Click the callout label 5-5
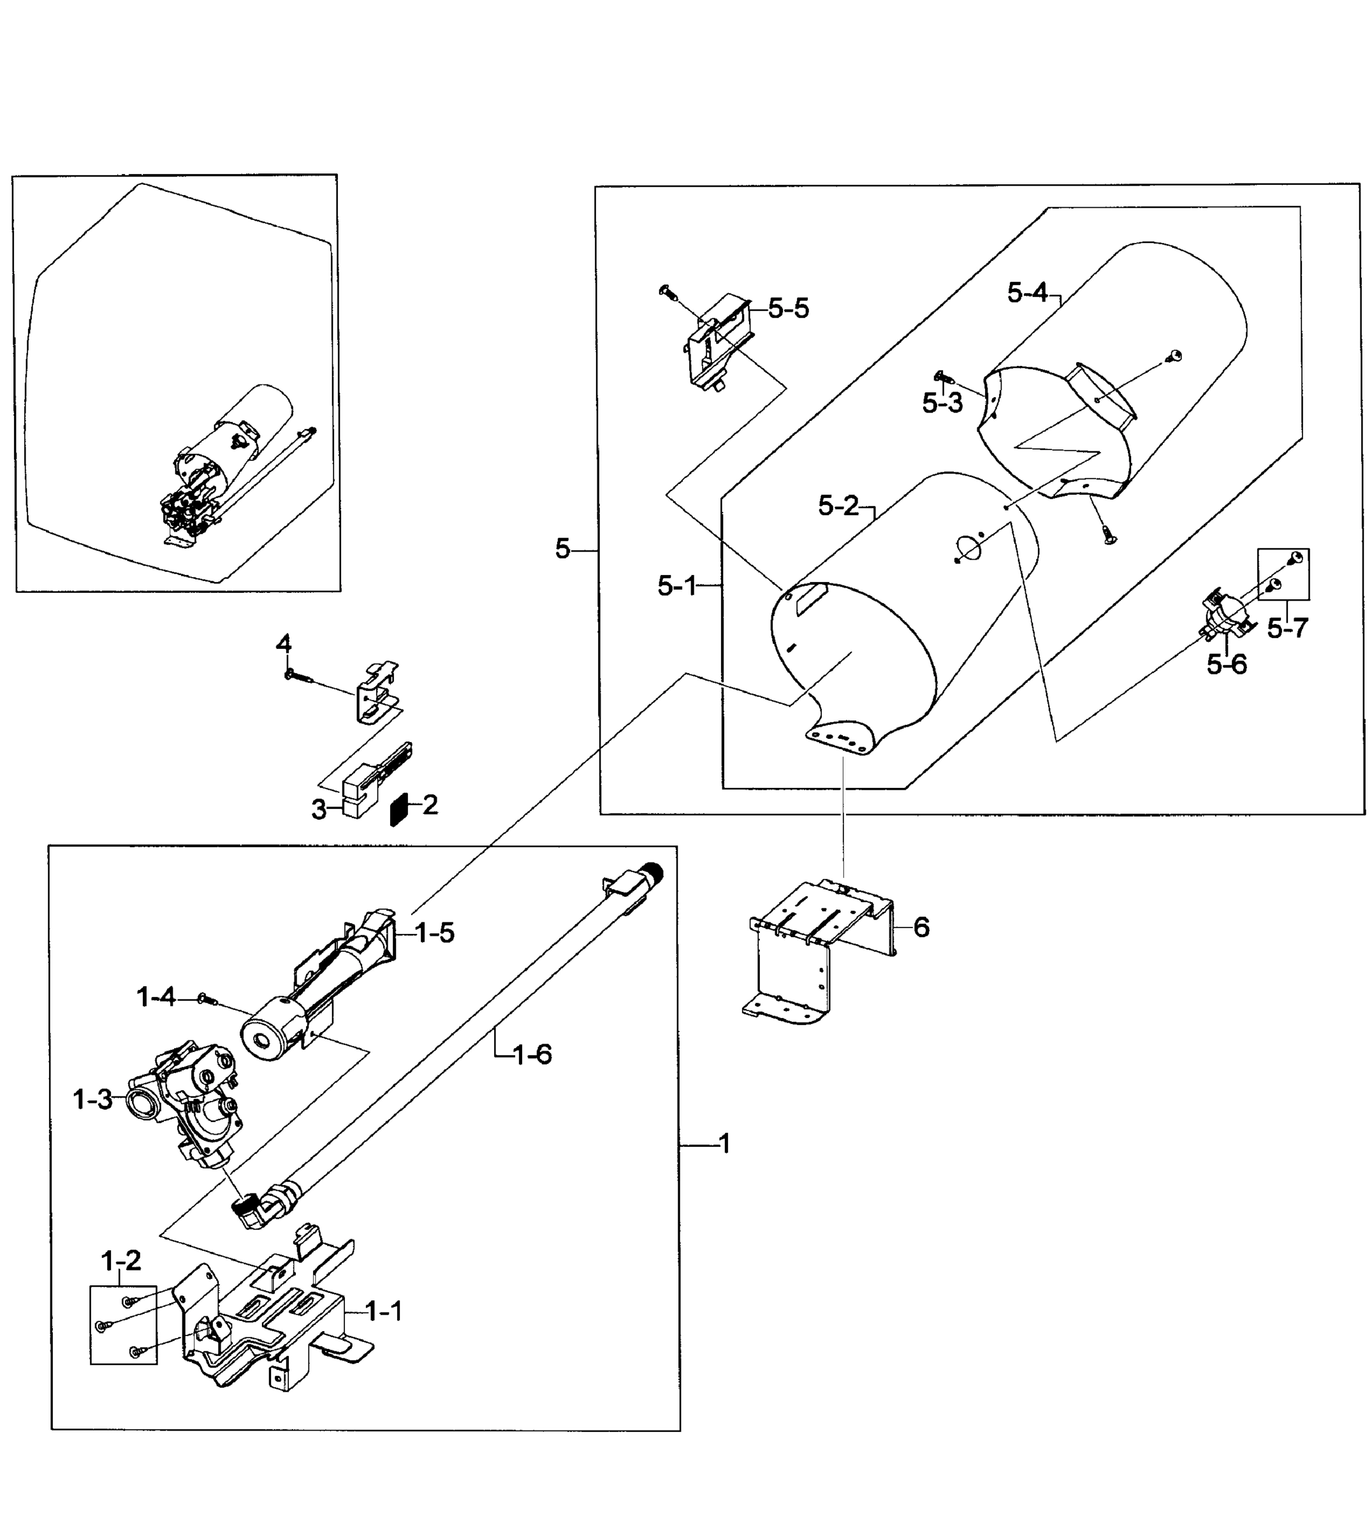point(789,309)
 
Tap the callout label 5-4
point(1028,293)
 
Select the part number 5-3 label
point(942,404)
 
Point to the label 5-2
point(838,506)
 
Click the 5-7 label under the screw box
point(1288,628)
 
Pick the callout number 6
point(921,928)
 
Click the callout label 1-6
point(532,1054)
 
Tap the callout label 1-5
point(435,933)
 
